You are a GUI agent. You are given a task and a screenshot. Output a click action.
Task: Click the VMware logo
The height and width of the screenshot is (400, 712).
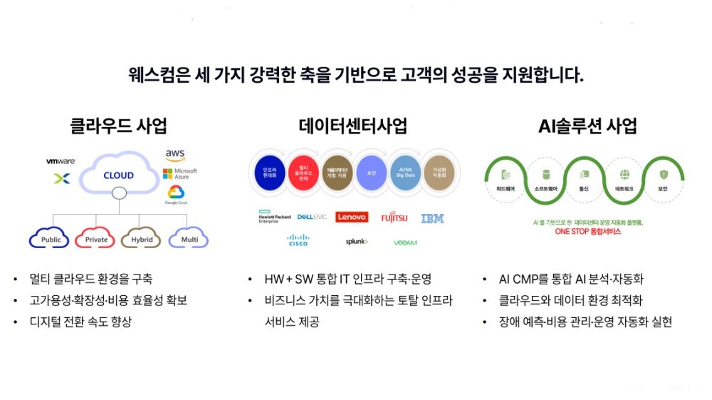(61, 161)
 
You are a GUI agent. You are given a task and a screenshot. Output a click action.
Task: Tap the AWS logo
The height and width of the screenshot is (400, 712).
(174, 155)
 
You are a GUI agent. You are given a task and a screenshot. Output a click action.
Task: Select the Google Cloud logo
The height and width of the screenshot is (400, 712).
(176, 194)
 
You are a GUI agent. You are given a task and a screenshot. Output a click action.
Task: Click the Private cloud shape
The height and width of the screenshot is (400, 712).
(96, 239)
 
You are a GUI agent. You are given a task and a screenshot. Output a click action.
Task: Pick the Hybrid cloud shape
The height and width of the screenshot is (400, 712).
(142, 239)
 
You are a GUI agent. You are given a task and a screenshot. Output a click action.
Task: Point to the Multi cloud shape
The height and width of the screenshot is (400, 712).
(189, 239)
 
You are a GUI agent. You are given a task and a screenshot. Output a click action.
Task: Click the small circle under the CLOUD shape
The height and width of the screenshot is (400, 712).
(119, 192)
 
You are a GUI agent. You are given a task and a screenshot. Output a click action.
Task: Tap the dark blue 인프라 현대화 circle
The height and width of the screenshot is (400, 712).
(270, 173)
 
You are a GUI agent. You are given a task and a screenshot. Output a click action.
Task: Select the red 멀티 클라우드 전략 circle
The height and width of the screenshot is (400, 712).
(303, 173)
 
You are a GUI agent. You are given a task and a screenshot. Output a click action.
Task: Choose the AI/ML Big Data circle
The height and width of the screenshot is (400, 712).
(406, 173)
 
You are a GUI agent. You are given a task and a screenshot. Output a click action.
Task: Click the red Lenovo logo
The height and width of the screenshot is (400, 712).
(352, 217)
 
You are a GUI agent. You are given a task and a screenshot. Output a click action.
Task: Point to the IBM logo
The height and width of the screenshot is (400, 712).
(432, 218)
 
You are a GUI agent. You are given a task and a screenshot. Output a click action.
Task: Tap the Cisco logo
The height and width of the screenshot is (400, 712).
(298, 240)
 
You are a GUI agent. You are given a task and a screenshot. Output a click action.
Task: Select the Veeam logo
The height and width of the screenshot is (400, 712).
(405, 242)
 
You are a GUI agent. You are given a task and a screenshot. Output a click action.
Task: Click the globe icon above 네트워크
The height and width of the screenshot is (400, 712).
(624, 174)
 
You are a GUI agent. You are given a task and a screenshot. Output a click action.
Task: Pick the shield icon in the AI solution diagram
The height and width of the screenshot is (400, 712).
(663, 174)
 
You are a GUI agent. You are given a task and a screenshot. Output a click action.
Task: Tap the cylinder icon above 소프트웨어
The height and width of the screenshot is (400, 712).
(546, 174)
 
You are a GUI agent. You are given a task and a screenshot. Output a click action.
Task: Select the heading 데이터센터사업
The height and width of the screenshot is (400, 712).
(353, 127)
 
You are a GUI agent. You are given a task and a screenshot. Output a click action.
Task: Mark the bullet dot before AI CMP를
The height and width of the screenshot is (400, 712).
(483, 280)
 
